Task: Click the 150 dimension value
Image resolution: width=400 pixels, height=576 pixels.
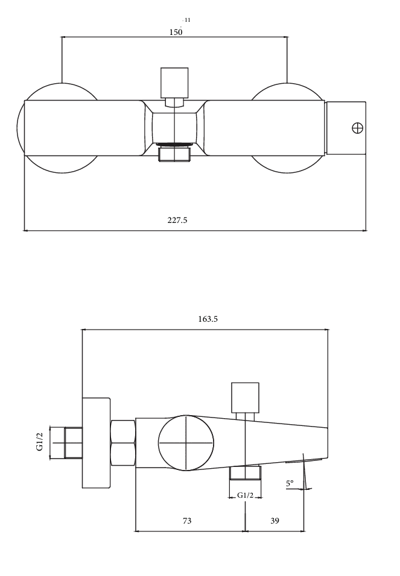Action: [x=176, y=32]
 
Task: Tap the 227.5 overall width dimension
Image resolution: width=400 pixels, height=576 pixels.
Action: [x=177, y=220]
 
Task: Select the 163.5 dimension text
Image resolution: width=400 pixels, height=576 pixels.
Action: [x=208, y=319]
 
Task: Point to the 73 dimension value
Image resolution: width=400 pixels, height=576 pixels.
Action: [x=187, y=521]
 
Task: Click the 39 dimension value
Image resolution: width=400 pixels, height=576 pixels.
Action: [x=275, y=521]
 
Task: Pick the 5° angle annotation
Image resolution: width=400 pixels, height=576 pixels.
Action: [x=290, y=483]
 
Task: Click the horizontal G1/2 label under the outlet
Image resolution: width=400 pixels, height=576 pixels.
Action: [x=245, y=495]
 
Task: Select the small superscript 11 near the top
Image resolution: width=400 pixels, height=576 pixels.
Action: [x=187, y=20]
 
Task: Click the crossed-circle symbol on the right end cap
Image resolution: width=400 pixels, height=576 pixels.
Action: [x=358, y=128]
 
